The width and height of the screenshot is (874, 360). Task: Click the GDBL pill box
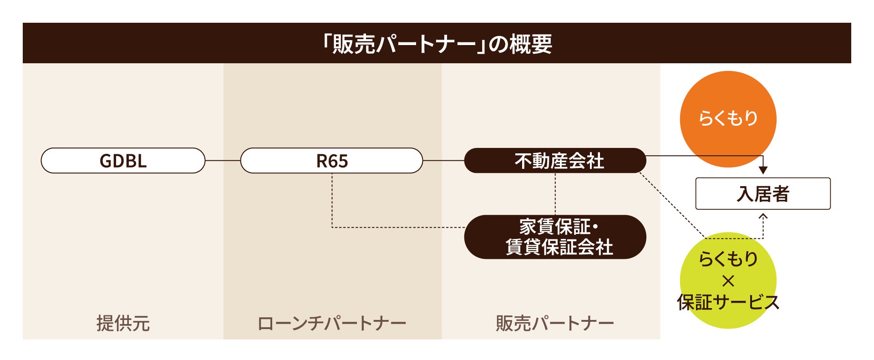(123, 161)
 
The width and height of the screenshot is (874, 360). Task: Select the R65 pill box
(331, 161)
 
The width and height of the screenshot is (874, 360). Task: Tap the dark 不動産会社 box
(555, 161)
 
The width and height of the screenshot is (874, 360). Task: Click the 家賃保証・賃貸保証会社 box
(555, 237)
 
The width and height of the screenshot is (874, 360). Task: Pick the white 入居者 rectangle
(763, 194)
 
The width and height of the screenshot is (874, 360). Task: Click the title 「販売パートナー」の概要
(437, 44)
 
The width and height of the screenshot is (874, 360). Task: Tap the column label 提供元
(123, 323)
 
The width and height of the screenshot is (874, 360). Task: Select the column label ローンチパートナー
(331, 323)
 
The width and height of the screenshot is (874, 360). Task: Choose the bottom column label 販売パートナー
(555, 323)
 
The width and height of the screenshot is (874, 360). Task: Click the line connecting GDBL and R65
(223, 161)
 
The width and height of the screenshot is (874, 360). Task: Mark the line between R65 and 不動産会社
(443, 161)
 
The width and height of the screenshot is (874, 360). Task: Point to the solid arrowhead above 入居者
(763, 170)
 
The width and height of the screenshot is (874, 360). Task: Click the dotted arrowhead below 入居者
(763, 217)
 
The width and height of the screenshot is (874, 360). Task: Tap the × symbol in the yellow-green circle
(728, 281)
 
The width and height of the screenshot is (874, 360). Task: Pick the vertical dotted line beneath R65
(332, 200)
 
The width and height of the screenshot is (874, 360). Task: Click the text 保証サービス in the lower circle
(728, 302)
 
